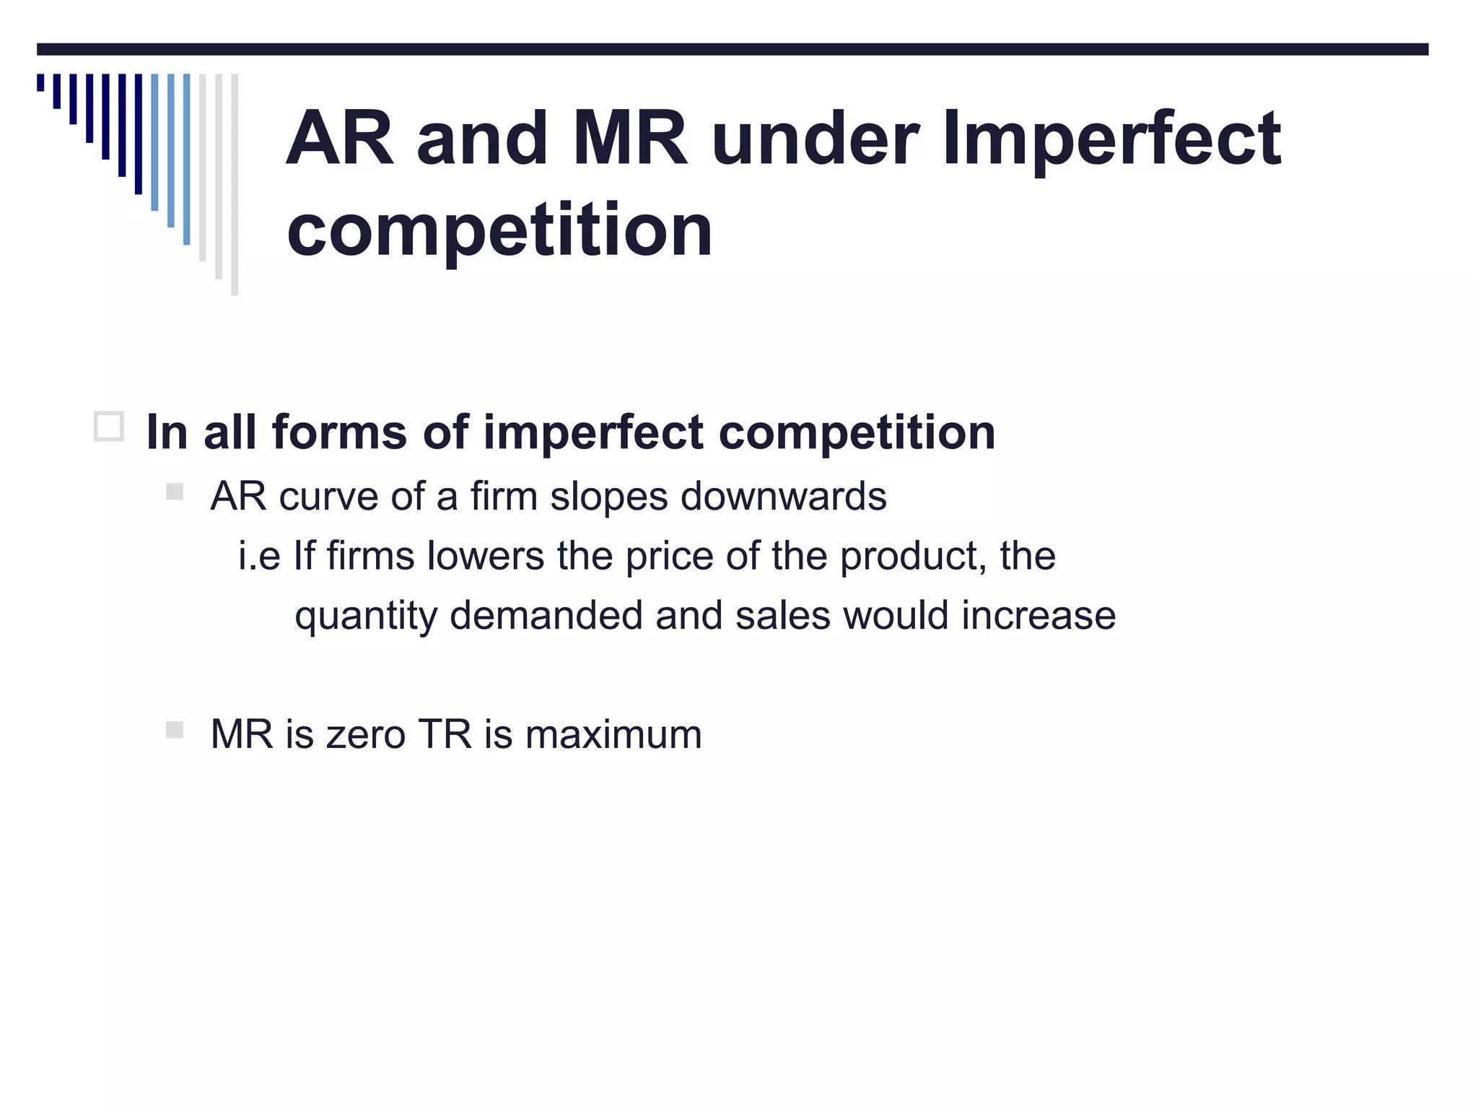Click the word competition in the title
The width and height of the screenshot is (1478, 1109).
499,231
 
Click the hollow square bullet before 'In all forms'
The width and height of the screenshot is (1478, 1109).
109,427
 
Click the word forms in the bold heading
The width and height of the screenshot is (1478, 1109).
339,433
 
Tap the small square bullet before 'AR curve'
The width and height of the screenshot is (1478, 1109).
174,492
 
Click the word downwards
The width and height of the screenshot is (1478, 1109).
783,497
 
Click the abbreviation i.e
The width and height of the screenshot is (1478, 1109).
259,556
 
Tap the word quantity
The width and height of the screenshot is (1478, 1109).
366,617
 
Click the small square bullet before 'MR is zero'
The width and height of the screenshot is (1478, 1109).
174,730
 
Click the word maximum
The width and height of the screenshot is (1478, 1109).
613,735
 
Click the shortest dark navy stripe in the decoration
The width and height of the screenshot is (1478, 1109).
40,82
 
